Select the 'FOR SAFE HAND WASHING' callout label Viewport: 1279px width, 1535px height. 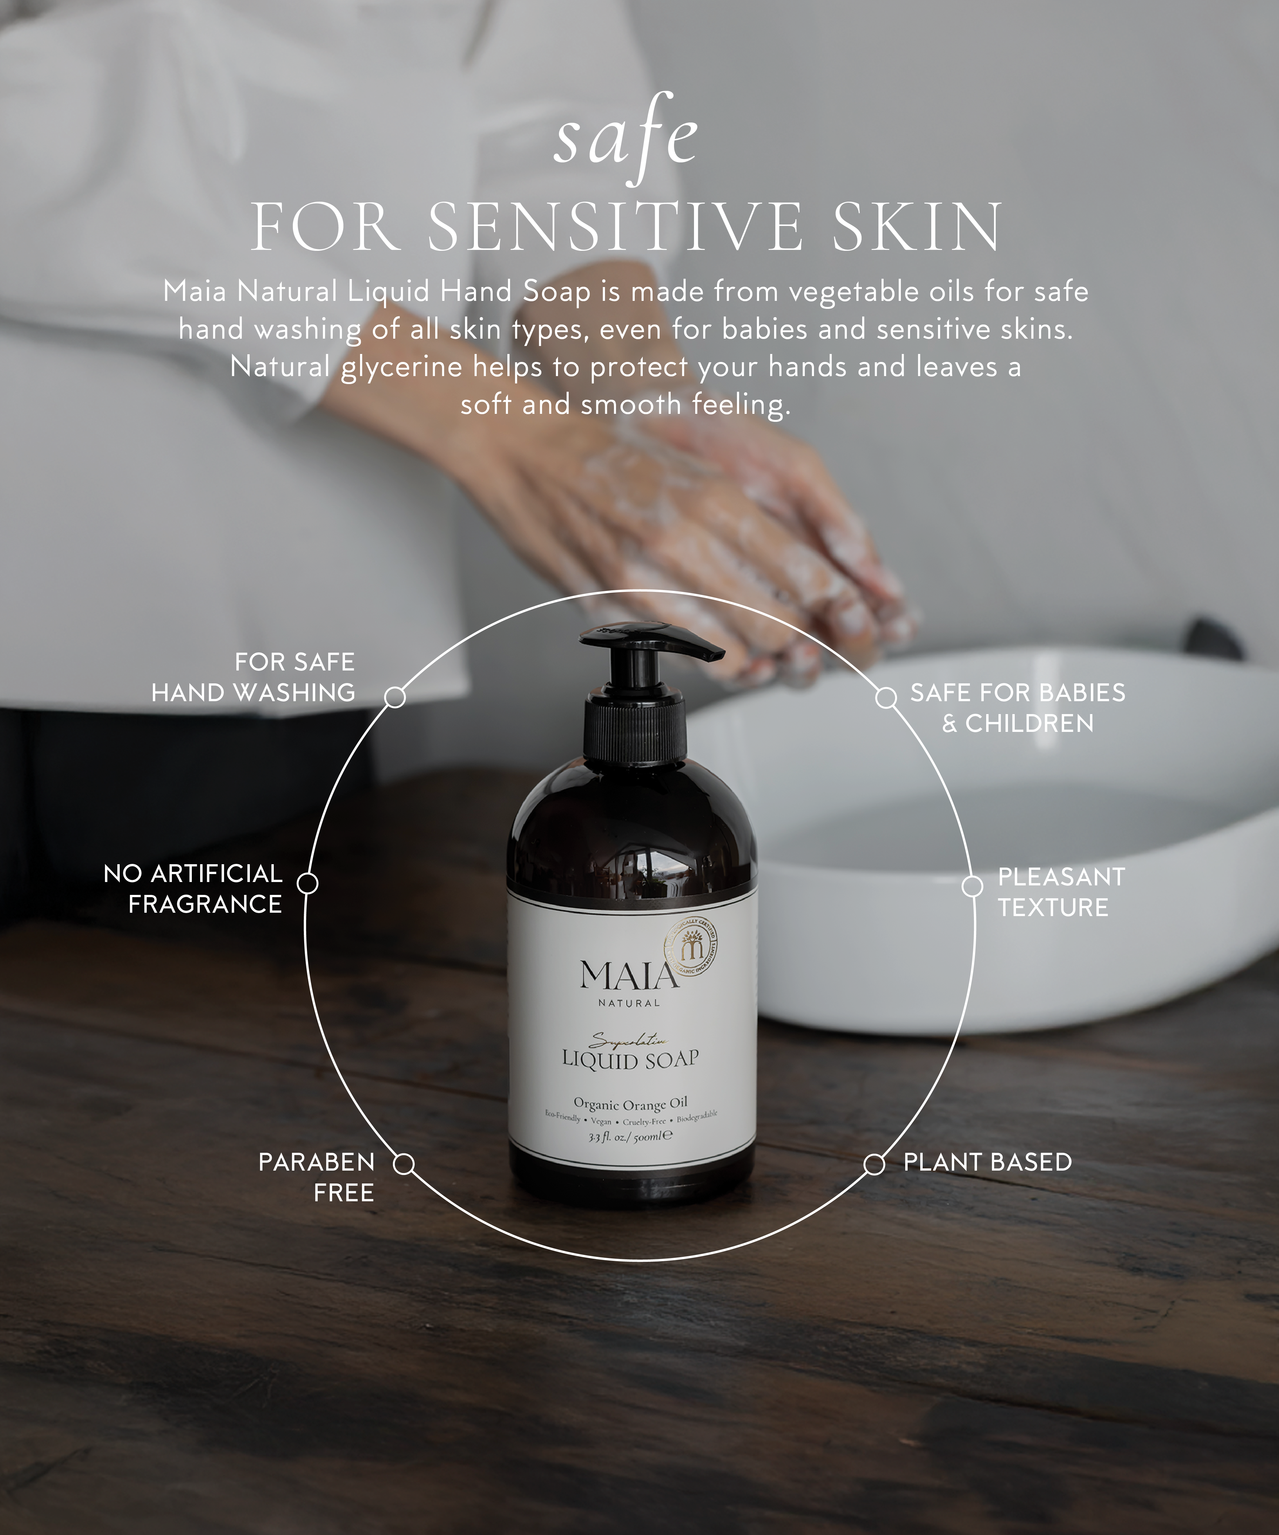click(x=254, y=677)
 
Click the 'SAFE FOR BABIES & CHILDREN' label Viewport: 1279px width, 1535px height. click(x=1017, y=708)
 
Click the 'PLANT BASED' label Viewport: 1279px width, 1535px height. click(x=987, y=1162)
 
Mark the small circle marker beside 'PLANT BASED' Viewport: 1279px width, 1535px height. click(x=874, y=1164)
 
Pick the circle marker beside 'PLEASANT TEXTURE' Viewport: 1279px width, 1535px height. click(x=972, y=886)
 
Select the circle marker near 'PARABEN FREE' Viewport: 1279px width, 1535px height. click(x=403, y=1164)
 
